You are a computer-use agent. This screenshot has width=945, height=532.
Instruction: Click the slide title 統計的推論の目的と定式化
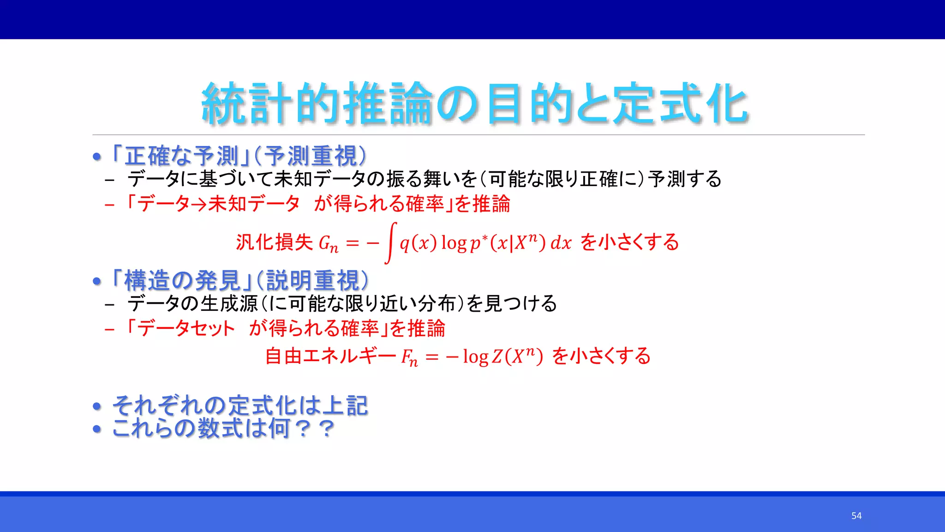[x=475, y=103]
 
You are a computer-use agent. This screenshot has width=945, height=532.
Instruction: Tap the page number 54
[x=856, y=516]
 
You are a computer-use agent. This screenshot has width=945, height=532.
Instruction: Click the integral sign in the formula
[x=390, y=243]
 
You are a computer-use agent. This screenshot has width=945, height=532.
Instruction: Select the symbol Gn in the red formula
[x=329, y=243]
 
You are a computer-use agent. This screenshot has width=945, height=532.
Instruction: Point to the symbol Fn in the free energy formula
[x=409, y=357]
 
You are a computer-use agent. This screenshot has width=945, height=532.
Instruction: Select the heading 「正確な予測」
[x=181, y=156]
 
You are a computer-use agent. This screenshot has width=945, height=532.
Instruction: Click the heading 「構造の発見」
[x=181, y=281]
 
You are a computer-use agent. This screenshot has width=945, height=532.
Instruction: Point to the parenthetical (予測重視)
[x=311, y=156]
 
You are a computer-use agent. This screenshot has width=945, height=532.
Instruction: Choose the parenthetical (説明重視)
[x=312, y=281]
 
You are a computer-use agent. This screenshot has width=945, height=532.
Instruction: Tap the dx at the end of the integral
[x=561, y=243]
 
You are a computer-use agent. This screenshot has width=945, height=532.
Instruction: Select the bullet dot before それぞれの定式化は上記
[x=97, y=406]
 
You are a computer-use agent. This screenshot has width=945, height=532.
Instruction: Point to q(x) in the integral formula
[x=418, y=243]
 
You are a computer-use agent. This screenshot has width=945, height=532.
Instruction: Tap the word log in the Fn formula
[x=476, y=357]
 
